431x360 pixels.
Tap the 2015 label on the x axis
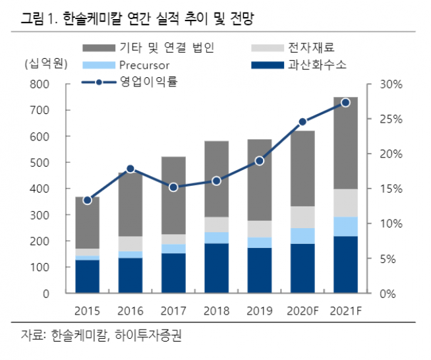(87, 310)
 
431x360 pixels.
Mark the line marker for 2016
(130, 169)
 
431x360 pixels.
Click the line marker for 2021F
(345, 102)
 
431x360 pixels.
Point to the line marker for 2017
(173, 187)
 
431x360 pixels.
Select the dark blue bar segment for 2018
(216, 268)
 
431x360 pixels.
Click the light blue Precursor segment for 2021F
(345, 226)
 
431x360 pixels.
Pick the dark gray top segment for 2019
(259, 180)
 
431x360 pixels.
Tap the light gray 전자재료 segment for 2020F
(302, 217)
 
